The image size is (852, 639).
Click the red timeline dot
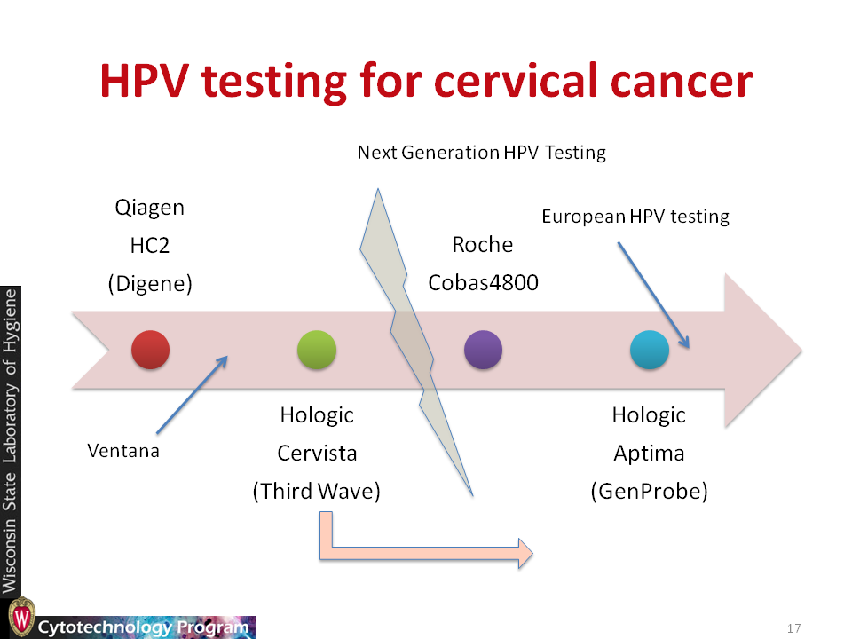(x=151, y=350)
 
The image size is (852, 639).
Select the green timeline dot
(x=317, y=350)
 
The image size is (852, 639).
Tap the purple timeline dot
(x=483, y=350)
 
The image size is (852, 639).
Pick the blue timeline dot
(x=650, y=350)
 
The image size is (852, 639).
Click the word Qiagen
(x=150, y=208)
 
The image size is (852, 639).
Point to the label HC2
(x=150, y=246)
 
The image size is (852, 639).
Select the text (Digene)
(x=150, y=284)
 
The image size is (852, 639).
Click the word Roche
(x=483, y=245)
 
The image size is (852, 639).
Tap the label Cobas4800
(x=483, y=282)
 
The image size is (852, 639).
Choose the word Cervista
(x=318, y=454)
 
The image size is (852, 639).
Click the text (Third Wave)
(x=317, y=491)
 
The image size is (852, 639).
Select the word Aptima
(x=649, y=454)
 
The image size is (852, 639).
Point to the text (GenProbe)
(x=650, y=491)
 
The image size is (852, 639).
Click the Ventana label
(x=123, y=451)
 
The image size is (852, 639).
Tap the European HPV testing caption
(x=635, y=217)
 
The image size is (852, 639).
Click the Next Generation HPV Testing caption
(x=481, y=153)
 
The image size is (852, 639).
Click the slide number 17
(x=793, y=628)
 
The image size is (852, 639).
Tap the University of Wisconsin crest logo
(x=21, y=618)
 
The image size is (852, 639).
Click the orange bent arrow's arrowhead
(x=525, y=554)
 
